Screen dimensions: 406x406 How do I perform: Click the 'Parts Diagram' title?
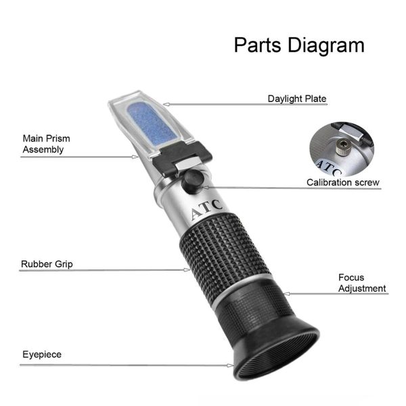click(299, 45)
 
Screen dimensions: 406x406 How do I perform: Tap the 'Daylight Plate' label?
click(297, 99)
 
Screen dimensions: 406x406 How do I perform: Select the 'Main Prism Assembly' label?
click(46, 144)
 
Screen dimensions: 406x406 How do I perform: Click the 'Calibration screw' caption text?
click(343, 182)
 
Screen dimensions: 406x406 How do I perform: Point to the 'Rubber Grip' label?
click(47, 264)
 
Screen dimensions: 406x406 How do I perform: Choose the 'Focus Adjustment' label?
click(362, 283)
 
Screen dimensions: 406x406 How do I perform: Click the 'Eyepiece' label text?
click(42, 355)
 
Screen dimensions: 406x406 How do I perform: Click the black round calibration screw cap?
click(192, 181)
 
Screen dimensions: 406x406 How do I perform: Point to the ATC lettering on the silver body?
click(206, 209)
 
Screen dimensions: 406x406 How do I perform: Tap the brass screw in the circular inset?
click(343, 148)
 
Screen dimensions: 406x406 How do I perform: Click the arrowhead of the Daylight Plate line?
click(166, 105)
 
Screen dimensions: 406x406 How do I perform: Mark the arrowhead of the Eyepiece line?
click(230, 365)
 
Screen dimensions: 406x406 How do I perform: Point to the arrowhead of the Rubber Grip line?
click(187, 270)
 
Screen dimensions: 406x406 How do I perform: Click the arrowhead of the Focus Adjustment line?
click(287, 294)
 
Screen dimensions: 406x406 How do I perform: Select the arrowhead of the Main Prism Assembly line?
click(135, 157)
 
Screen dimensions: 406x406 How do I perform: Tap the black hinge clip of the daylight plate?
click(182, 158)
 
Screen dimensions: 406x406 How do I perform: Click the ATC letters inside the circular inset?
click(328, 168)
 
